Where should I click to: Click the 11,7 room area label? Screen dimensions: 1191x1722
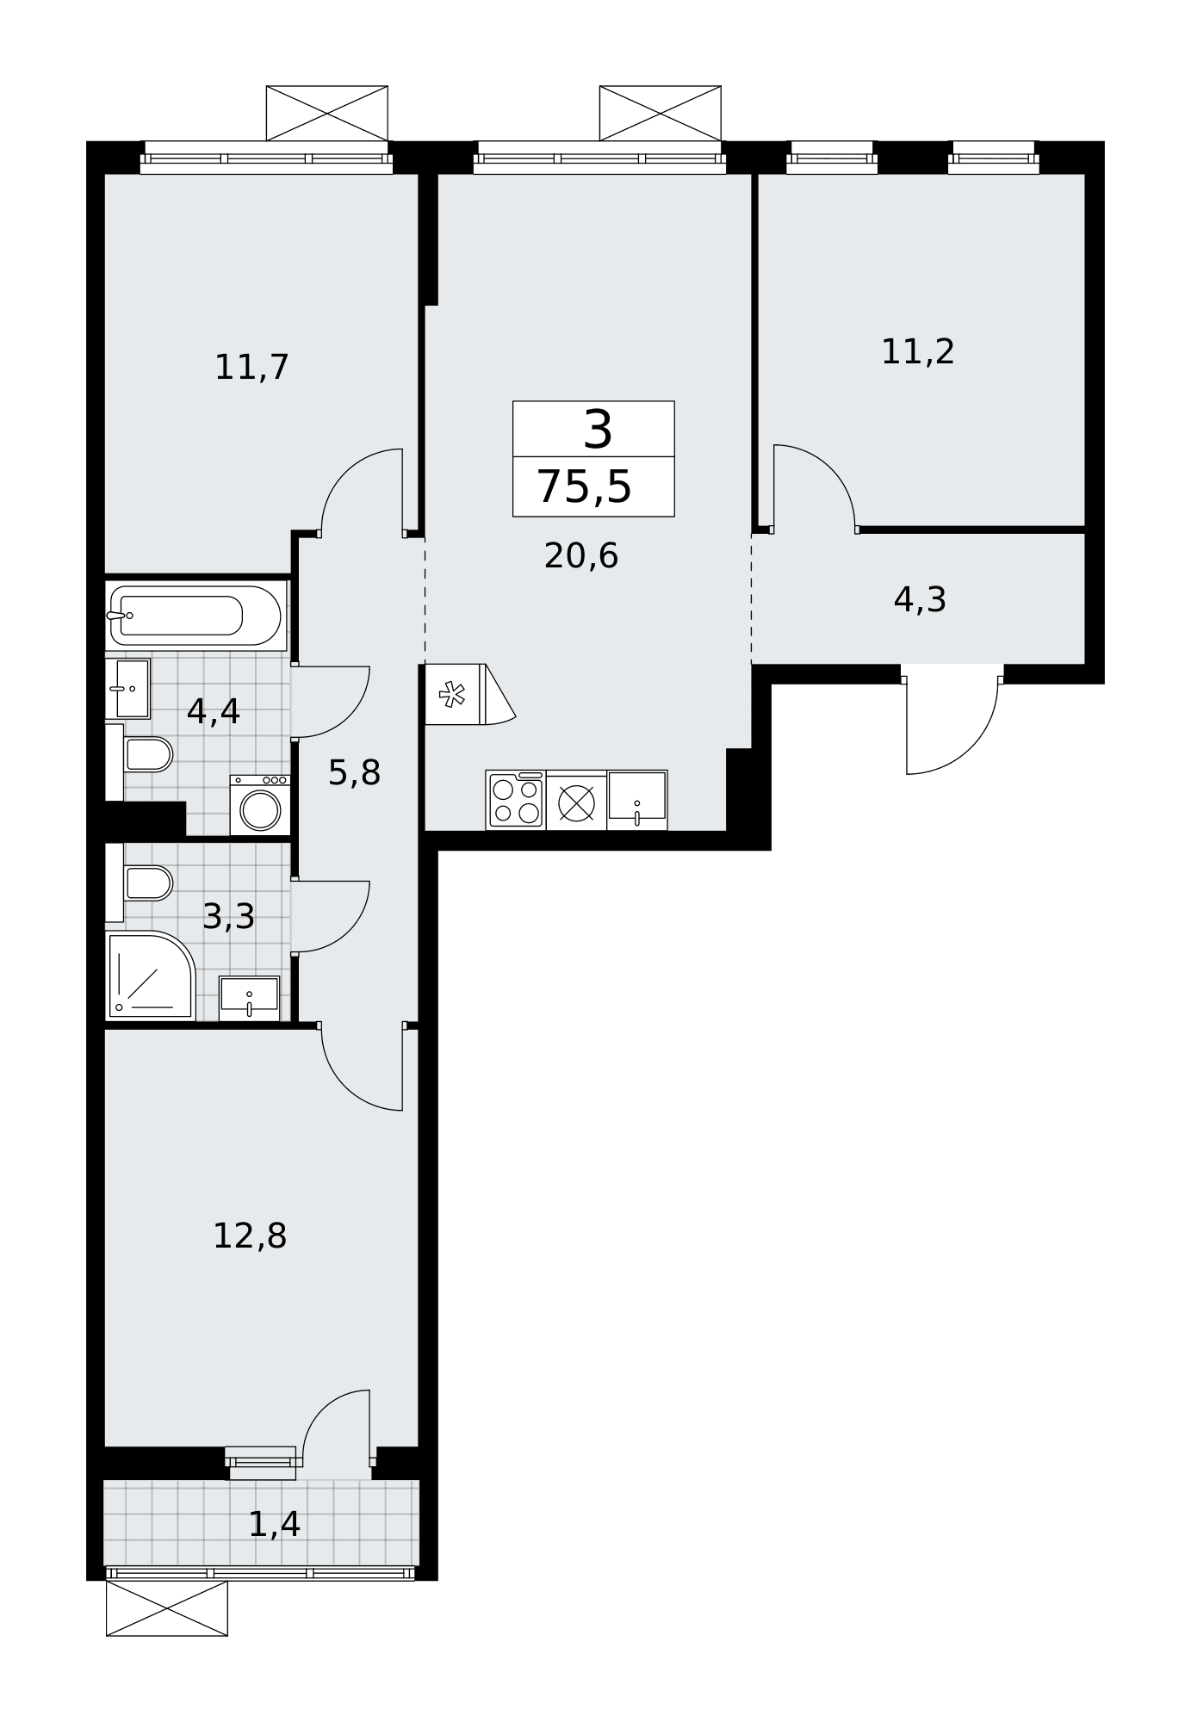coord(251,369)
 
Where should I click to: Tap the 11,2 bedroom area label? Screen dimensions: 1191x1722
coord(918,352)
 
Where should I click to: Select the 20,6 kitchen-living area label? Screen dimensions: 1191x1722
coord(581,556)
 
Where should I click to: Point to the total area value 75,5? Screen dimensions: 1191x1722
coord(585,487)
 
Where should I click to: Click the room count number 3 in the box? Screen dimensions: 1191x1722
coord(598,429)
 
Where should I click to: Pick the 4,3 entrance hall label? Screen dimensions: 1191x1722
coord(920,600)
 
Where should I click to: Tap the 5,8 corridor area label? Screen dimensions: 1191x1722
coord(354,773)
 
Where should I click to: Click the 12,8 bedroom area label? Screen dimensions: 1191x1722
coord(250,1236)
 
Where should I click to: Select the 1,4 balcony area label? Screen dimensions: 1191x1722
coord(274,1524)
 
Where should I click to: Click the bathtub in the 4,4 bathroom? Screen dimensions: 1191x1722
coord(195,616)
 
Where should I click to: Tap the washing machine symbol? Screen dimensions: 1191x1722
coord(260,805)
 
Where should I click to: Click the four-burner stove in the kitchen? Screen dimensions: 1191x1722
coord(516,801)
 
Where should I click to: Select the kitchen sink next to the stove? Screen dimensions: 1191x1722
coord(637,800)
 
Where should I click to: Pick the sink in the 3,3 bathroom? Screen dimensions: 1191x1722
coord(250,997)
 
